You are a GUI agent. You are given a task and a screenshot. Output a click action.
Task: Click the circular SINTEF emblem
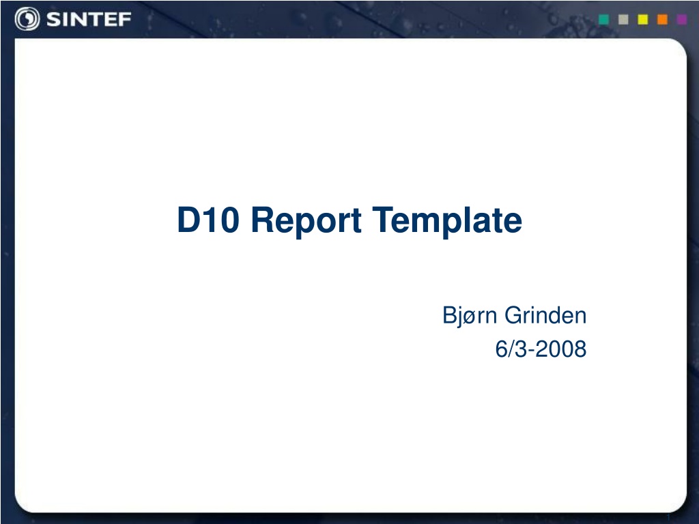point(27,19)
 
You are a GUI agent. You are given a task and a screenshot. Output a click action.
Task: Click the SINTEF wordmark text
point(89,19)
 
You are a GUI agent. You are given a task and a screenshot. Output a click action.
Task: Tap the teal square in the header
point(603,19)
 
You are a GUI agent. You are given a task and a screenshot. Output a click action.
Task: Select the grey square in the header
point(623,19)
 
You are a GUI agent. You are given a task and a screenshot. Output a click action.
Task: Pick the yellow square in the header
point(643,19)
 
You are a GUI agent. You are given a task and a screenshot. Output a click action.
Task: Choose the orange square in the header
point(662,19)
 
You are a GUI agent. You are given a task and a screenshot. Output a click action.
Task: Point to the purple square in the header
point(682,19)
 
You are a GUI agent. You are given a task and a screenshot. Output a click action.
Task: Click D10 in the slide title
point(208,220)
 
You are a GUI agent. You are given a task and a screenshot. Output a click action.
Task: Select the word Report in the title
point(306,221)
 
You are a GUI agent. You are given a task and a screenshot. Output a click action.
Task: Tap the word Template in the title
point(447,221)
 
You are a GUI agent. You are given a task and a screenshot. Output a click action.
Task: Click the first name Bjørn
point(470,317)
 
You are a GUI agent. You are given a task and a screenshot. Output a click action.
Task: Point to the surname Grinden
point(545,315)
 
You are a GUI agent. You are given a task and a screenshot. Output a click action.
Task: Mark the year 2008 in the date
point(561,349)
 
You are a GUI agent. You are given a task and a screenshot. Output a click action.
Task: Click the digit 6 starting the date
point(501,349)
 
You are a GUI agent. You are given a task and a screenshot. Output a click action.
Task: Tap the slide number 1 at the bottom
point(669,517)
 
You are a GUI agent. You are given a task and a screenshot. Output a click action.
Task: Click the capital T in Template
point(384,220)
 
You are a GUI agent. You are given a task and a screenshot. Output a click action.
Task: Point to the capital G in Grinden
point(514,315)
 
